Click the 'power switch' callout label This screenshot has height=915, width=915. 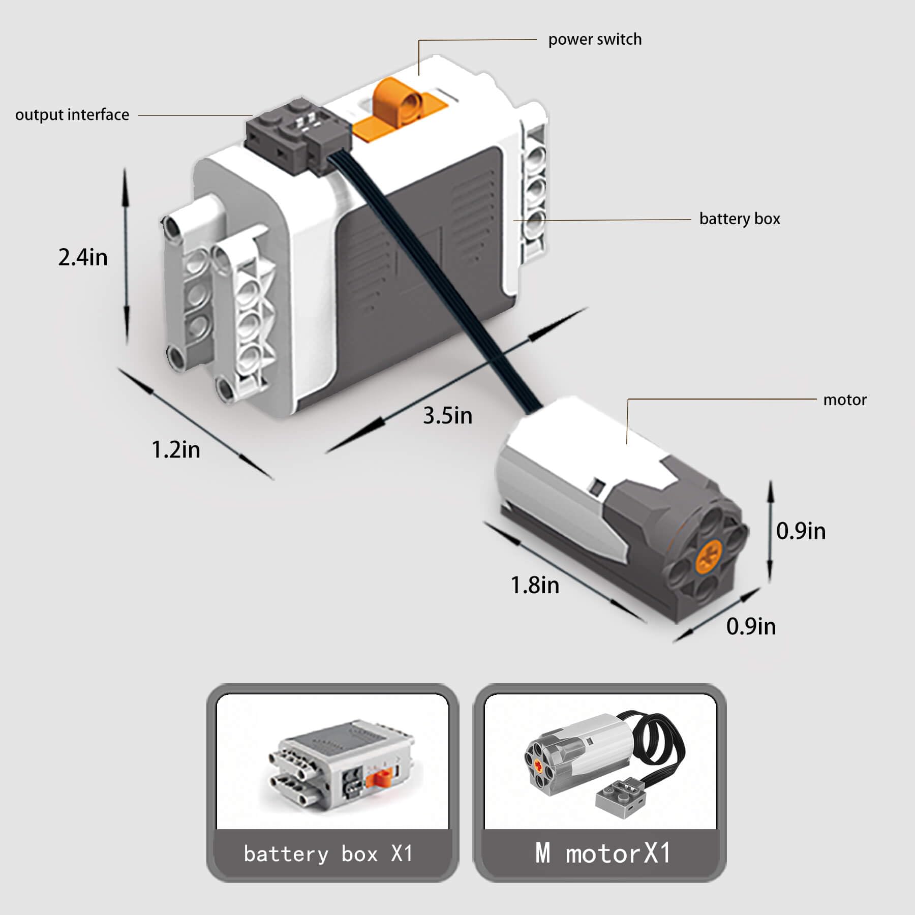click(x=595, y=40)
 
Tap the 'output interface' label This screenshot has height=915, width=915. click(x=72, y=115)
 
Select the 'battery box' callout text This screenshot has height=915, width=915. click(x=740, y=219)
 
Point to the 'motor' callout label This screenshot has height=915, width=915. click(x=845, y=400)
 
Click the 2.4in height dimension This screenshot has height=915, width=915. click(x=83, y=257)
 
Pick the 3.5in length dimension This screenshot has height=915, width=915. click(x=448, y=416)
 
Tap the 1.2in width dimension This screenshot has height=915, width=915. click(x=176, y=450)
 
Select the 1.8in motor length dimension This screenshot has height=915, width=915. click(x=535, y=585)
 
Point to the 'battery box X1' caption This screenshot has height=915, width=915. click(x=328, y=854)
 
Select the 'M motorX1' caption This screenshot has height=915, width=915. click(x=603, y=853)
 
